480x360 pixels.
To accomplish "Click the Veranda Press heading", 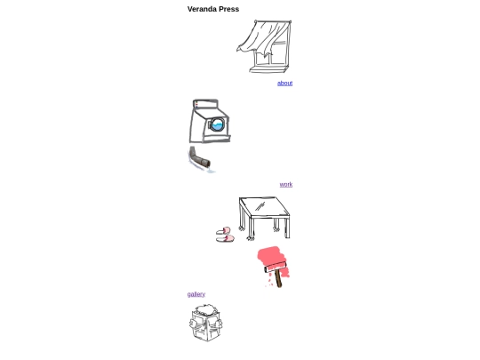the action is coord(213,9).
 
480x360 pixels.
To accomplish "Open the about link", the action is coord(284,83).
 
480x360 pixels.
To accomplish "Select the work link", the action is coord(286,184).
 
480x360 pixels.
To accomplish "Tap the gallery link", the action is coord(196,294).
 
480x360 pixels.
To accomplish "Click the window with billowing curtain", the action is coord(264,46).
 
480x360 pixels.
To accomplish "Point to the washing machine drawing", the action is coord(210,121).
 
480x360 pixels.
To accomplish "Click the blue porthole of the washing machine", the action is coord(217,124).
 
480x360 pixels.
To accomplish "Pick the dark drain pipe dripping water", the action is coord(199,159).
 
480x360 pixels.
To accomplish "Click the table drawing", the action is coord(264,219).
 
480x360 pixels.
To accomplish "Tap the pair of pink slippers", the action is coord(225,235).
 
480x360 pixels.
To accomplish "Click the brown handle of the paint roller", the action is coord(278,279).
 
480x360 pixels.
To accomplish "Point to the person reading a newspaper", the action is coord(205,323).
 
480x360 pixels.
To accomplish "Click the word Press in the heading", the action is coord(229,9).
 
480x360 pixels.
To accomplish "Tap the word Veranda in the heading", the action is coord(202,9).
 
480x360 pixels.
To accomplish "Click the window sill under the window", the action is coord(268,69).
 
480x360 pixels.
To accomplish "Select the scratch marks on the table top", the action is coord(260,206).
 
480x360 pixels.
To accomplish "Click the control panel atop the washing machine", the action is coord(205,104).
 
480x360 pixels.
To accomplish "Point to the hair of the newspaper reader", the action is coord(206,309).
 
